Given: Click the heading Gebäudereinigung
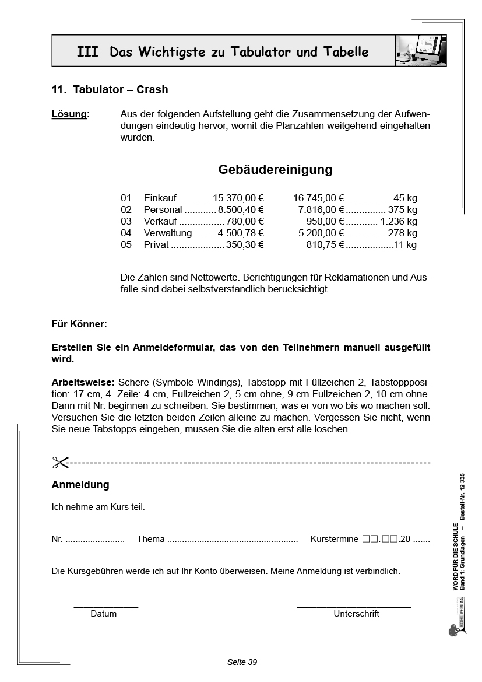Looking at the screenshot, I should point(275,170).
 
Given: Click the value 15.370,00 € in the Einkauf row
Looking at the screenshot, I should point(238,198).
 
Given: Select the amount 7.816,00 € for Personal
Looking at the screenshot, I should point(321,210).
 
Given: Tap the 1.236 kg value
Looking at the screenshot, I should point(399,222).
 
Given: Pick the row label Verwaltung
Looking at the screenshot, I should point(168,233).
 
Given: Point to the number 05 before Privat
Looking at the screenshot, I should point(126,245).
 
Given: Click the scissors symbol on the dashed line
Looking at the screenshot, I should point(60,463).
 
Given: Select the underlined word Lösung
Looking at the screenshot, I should point(70,114).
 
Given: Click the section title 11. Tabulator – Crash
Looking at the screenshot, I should point(110,90).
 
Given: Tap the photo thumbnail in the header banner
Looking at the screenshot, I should point(421,51).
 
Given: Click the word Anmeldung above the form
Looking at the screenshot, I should point(80,485).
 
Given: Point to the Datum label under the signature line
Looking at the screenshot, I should point(104,614).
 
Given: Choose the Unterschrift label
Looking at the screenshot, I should point(356,614).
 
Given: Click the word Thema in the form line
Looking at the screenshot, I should point(151,540).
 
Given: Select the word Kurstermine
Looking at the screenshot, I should point(335,540).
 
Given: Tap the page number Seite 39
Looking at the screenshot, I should point(242,662).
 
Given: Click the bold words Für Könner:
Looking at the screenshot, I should point(79,324).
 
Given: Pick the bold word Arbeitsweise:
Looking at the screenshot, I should point(83,383).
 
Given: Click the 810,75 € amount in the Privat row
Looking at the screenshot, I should point(325,245).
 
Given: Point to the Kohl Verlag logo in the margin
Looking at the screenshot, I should point(454,629).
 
